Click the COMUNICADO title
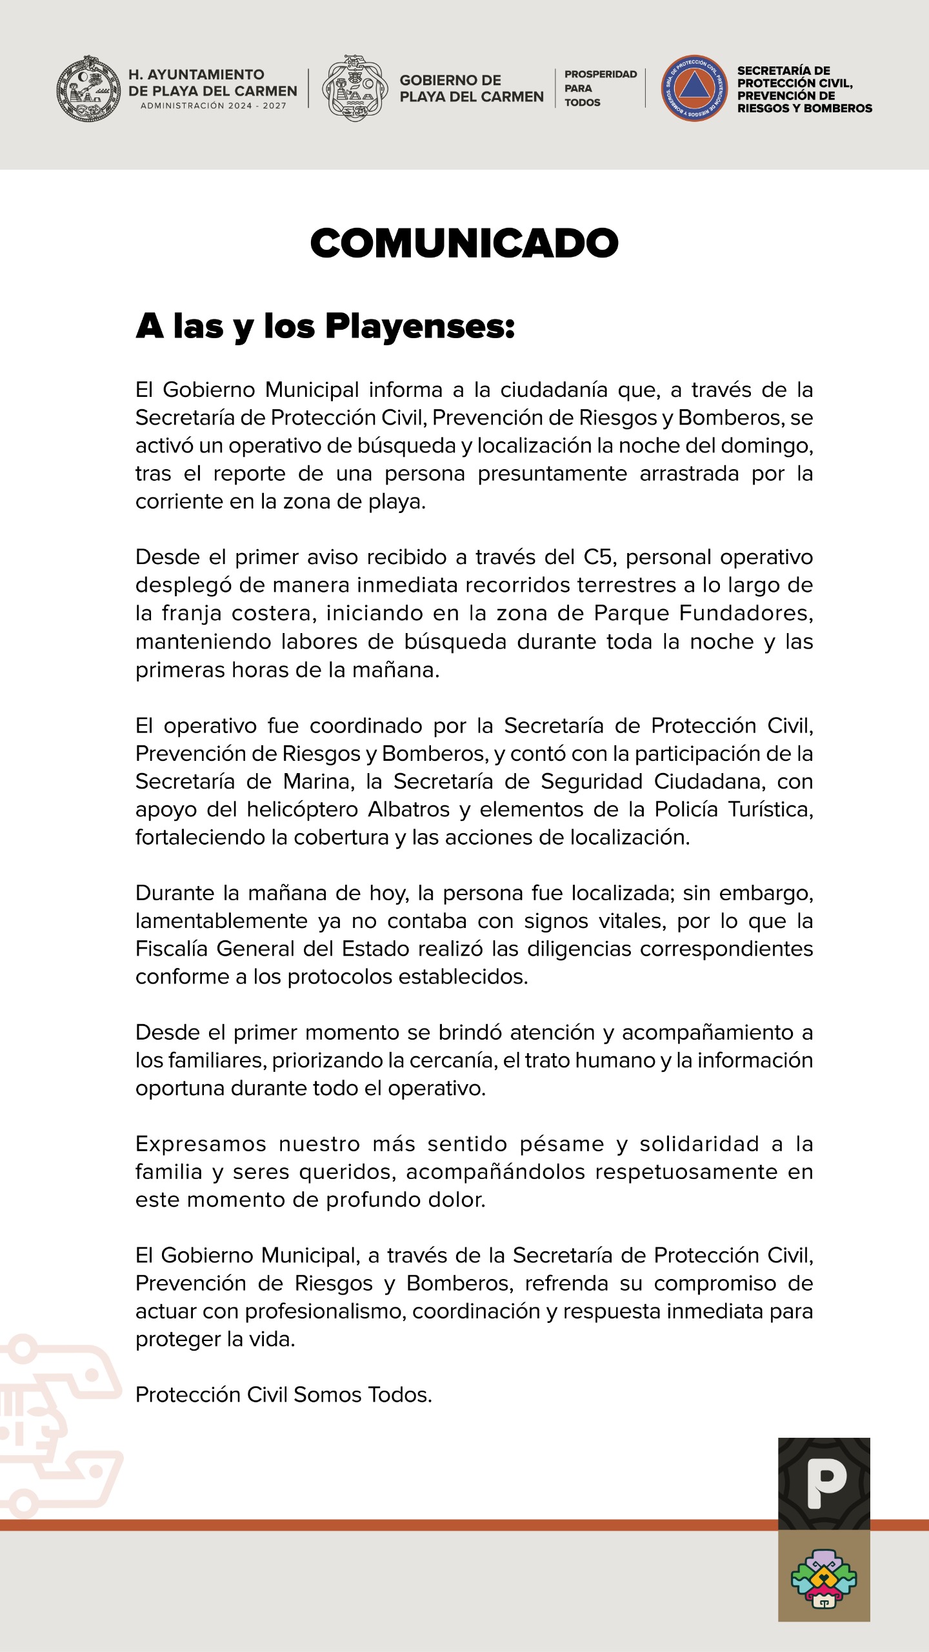click(x=464, y=243)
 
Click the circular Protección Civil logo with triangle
click(x=694, y=88)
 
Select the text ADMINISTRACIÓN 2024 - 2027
click(x=214, y=106)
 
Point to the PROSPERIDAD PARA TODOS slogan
click(x=600, y=88)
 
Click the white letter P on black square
click(x=824, y=1484)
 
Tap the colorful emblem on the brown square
click(x=824, y=1578)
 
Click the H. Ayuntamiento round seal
click(x=88, y=88)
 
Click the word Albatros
click(x=409, y=809)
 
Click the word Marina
click(x=319, y=781)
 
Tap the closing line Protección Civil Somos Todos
click(x=283, y=1395)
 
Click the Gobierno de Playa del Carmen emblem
click(x=355, y=88)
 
